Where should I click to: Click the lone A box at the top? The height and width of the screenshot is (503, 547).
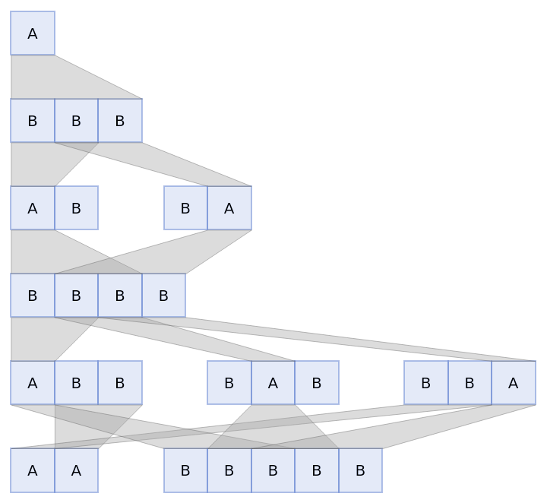tap(33, 33)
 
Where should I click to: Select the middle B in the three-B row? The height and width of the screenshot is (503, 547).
tap(76, 121)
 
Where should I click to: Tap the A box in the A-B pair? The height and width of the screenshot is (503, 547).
tap(33, 208)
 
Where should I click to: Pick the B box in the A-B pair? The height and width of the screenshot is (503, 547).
tap(76, 208)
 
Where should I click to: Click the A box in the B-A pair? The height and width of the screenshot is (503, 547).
tap(229, 208)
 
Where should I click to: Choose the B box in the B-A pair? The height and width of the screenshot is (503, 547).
tap(185, 208)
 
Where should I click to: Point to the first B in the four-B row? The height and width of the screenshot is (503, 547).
tap(33, 296)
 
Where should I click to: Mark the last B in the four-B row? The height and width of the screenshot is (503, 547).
tap(163, 296)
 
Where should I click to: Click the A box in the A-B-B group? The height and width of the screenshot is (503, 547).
tap(33, 383)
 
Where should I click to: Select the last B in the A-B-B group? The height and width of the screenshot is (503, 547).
tap(120, 383)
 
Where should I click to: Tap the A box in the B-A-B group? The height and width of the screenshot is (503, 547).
tap(273, 383)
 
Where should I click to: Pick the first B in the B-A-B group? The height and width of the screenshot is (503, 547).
tap(229, 383)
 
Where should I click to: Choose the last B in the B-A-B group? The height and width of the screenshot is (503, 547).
tap(316, 383)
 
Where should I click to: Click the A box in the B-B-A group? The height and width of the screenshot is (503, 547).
tap(513, 383)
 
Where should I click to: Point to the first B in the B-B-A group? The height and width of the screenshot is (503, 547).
tap(425, 383)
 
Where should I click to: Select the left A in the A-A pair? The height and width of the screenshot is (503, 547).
tap(33, 470)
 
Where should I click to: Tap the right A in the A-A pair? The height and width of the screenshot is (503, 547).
tap(76, 470)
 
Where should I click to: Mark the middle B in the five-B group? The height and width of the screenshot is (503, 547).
tap(273, 470)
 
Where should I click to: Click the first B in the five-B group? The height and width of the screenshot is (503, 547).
tap(185, 470)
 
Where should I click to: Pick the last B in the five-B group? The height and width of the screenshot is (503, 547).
tap(360, 470)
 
